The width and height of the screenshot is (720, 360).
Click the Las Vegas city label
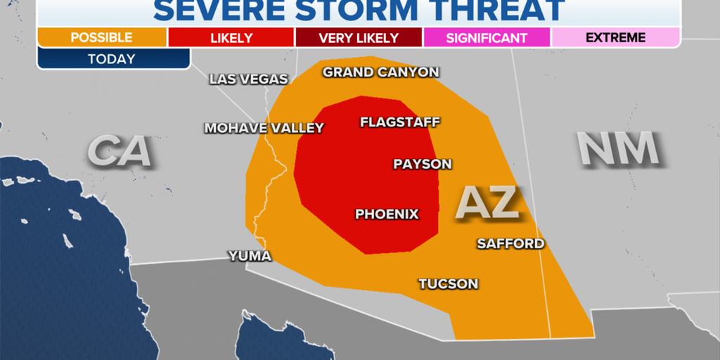(x=249, y=79)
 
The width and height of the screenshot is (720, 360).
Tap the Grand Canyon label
(x=380, y=72)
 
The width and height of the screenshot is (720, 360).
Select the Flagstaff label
(x=400, y=122)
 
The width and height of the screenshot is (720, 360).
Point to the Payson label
(x=422, y=164)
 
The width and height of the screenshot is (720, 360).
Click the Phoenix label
(x=387, y=214)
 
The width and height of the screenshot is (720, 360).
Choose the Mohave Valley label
(x=264, y=128)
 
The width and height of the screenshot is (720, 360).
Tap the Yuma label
(x=250, y=256)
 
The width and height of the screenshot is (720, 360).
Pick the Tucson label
(x=449, y=284)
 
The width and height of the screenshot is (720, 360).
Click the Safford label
(x=510, y=243)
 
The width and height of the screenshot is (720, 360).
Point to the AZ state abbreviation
(x=489, y=202)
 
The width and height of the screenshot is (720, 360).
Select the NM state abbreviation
(x=618, y=149)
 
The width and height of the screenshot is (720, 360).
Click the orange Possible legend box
(x=102, y=37)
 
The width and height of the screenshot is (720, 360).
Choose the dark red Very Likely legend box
(x=359, y=37)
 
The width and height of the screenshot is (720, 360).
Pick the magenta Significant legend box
(x=487, y=37)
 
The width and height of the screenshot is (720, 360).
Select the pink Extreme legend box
(x=615, y=37)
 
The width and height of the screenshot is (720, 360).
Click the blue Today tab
(x=112, y=58)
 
